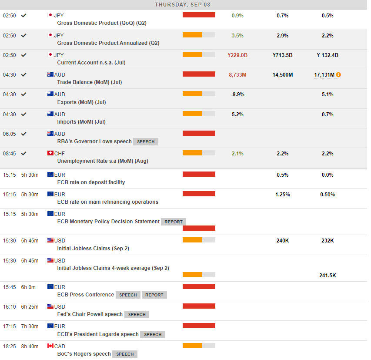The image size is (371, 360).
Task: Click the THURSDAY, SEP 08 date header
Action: tap(183, 4)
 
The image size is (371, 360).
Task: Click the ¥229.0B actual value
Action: tap(237, 55)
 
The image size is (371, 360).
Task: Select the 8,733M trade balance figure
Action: tap(237, 75)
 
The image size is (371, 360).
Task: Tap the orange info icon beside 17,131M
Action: tap(338, 75)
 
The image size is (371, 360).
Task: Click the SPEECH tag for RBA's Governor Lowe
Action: tap(146, 142)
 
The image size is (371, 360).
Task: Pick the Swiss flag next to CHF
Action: tap(50, 153)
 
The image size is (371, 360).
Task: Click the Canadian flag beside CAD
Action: tap(50, 346)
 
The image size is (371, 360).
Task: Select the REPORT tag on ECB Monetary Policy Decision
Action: tap(174, 222)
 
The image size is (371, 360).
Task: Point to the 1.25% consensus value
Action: tap(283, 195)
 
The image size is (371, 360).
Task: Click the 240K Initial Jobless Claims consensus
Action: tap(282, 240)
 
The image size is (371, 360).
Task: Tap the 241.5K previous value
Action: tap(327, 275)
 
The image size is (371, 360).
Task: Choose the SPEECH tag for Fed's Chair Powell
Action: tap(137, 314)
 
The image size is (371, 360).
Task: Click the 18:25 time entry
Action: tap(9, 346)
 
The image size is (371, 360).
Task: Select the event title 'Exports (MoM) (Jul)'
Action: tap(81, 102)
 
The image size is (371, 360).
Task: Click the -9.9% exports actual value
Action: tap(237, 94)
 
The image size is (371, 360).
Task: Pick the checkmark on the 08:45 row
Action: tap(23, 153)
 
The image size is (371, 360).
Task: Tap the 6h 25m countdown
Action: tap(30, 307)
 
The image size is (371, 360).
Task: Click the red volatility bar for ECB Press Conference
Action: tap(199, 286)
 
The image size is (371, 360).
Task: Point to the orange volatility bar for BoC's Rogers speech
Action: tap(192, 346)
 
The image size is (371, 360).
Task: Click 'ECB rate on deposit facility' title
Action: tap(91, 182)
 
